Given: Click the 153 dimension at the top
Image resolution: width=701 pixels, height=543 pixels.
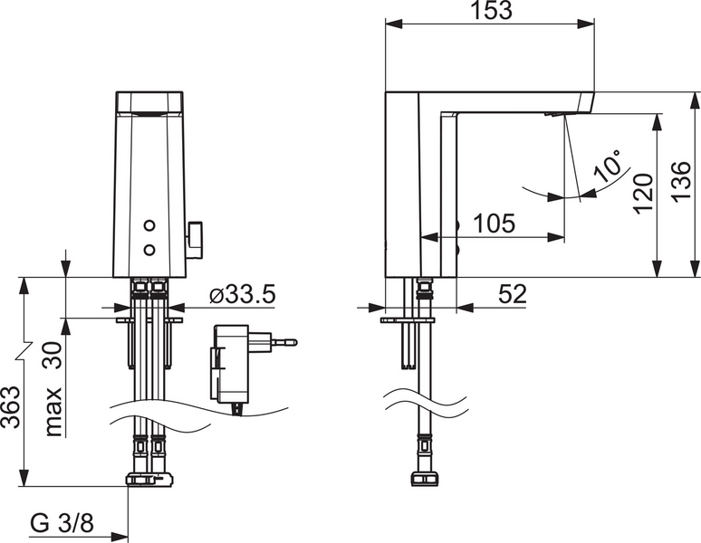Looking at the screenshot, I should pyautogui.click(x=490, y=12).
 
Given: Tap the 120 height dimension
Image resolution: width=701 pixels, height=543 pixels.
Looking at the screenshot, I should pyautogui.click(x=641, y=193).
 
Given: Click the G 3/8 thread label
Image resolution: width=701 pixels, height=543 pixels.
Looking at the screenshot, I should pyautogui.click(x=62, y=522).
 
